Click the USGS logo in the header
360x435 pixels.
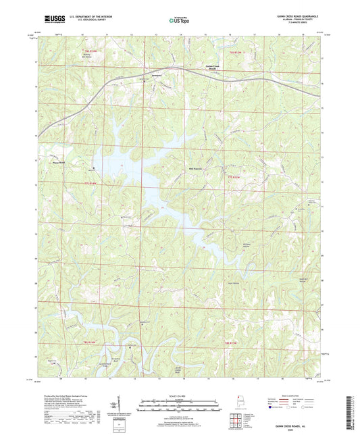pos(48,22)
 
